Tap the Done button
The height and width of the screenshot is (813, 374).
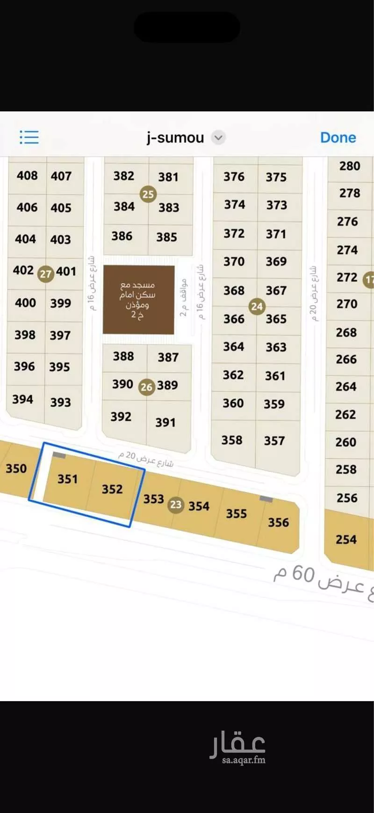[338, 138]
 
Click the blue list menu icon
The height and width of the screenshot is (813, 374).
[29, 138]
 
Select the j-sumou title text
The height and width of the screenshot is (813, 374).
[175, 138]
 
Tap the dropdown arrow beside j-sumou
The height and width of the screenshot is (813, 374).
[218, 138]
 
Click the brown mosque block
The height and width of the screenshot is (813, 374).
[138, 300]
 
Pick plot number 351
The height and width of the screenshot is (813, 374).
[67, 479]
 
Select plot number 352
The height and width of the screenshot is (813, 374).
[112, 489]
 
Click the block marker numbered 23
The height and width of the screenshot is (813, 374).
[176, 505]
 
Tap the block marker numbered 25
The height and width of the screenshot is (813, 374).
[148, 194]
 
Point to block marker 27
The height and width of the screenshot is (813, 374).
[45, 274]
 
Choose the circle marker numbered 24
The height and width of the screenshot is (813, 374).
[257, 307]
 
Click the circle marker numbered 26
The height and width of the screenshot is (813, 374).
[147, 387]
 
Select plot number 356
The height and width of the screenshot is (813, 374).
[278, 522]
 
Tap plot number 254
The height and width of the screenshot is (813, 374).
[346, 540]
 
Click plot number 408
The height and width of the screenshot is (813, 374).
[27, 176]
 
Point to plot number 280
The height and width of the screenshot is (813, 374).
[350, 166]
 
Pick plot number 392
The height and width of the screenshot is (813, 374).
[121, 417]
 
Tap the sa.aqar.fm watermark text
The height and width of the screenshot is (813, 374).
[244, 760]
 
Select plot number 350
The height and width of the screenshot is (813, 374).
[16, 469]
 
